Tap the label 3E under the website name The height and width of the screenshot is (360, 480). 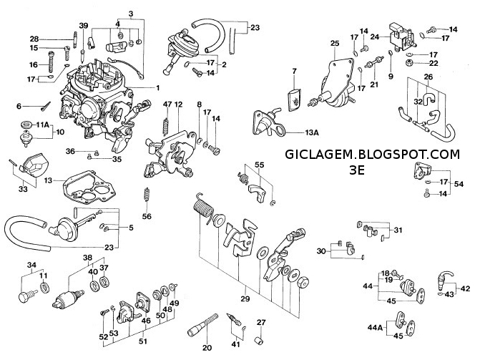point(358,170)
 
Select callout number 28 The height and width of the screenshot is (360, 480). point(34,38)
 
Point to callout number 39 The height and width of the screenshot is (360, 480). point(84,26)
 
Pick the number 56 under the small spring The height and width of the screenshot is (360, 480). point(147,217)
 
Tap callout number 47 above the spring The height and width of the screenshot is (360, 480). point(167,104)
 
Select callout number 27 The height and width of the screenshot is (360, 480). point(261,321)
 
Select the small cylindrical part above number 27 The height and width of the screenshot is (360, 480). point(262,335)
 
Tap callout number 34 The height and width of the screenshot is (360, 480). point(31,265)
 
